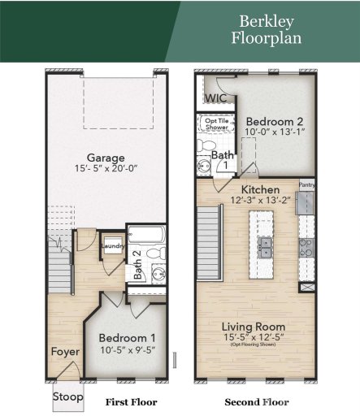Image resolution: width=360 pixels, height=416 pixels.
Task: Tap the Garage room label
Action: pyautogui.click(x=106, y=158)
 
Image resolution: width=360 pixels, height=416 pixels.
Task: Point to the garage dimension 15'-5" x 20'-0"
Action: pyautogui.click(x=106, y=171)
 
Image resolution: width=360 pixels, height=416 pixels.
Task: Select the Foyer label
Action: pyautogui.click(x=65, y=352)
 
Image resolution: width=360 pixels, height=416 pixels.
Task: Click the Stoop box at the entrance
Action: pyautogui.click(x=68, y=397)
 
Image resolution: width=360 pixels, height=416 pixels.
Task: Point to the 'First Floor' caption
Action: pyautogui.click(x=131, y=401)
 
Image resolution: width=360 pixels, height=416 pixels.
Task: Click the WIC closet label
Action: pyautogui.click(x=215, y=98)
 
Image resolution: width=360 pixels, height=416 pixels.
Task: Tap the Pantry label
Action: pyautogui.click(x=306, y=185)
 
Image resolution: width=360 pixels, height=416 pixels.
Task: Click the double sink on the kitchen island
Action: pyautogui.click(x=264, y=247)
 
